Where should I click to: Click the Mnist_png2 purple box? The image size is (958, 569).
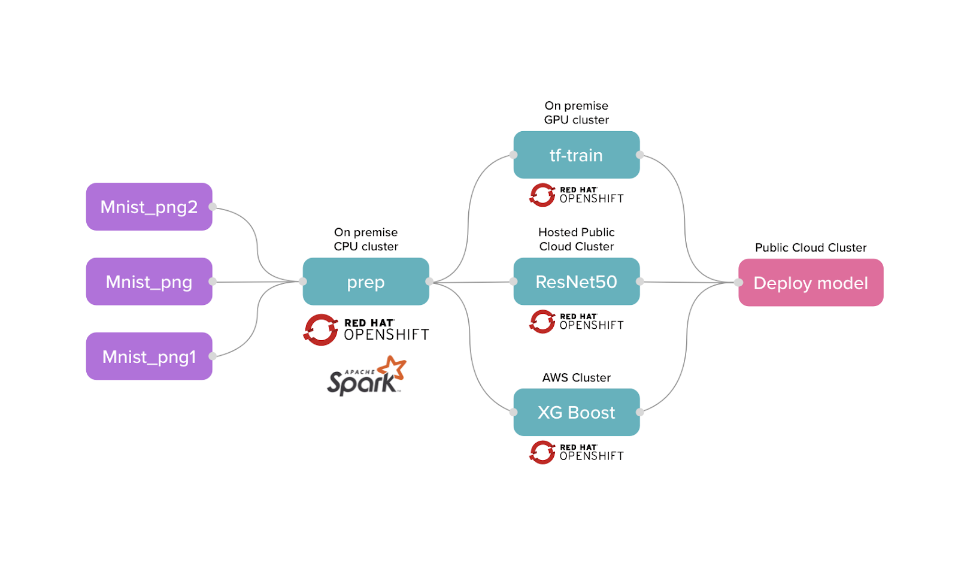149,207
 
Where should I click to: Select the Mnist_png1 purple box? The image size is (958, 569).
149,356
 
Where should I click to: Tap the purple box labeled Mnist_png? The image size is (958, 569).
149,282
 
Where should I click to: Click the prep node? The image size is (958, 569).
366,282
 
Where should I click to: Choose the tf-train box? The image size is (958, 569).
576,155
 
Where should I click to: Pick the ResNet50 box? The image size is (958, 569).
576,282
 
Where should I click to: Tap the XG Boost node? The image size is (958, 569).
576,412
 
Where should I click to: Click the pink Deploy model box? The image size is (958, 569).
811,283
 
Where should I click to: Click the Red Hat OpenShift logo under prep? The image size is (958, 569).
366,329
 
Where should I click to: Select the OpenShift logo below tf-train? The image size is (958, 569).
576,195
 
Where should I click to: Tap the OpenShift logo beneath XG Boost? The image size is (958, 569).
576,452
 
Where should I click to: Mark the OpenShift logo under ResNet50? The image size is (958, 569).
576,322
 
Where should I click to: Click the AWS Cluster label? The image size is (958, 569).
576,377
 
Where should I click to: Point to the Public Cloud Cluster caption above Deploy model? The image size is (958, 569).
811,247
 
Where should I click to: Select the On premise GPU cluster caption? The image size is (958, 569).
576,113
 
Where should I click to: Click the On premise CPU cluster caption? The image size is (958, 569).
366,239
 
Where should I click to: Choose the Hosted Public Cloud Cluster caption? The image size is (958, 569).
576,239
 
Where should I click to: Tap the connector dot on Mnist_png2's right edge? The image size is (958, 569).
213,207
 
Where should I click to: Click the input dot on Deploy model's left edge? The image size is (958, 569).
739,282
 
